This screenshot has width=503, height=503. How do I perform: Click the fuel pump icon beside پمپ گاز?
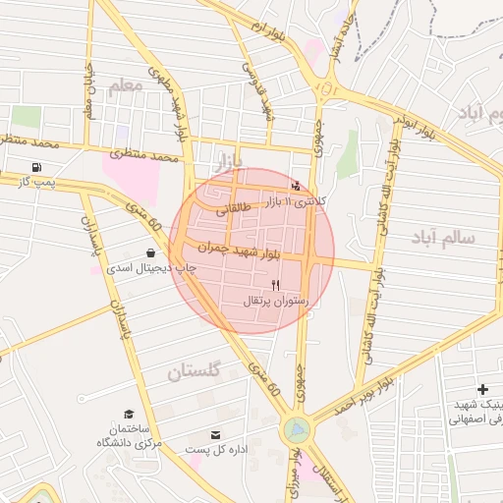pos(37,166)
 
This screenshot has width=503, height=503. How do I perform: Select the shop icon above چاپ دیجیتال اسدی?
pos(148,252)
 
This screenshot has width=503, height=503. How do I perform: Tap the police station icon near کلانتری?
pos(297,185)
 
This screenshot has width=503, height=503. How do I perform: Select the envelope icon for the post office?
pos(216,433)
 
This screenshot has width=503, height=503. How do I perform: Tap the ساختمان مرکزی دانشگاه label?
pos(129,436)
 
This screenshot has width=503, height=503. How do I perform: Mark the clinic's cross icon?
pos(481,390)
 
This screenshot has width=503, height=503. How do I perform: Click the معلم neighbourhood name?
pos(127,86)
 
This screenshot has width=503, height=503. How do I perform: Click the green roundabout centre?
pos(295,429)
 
